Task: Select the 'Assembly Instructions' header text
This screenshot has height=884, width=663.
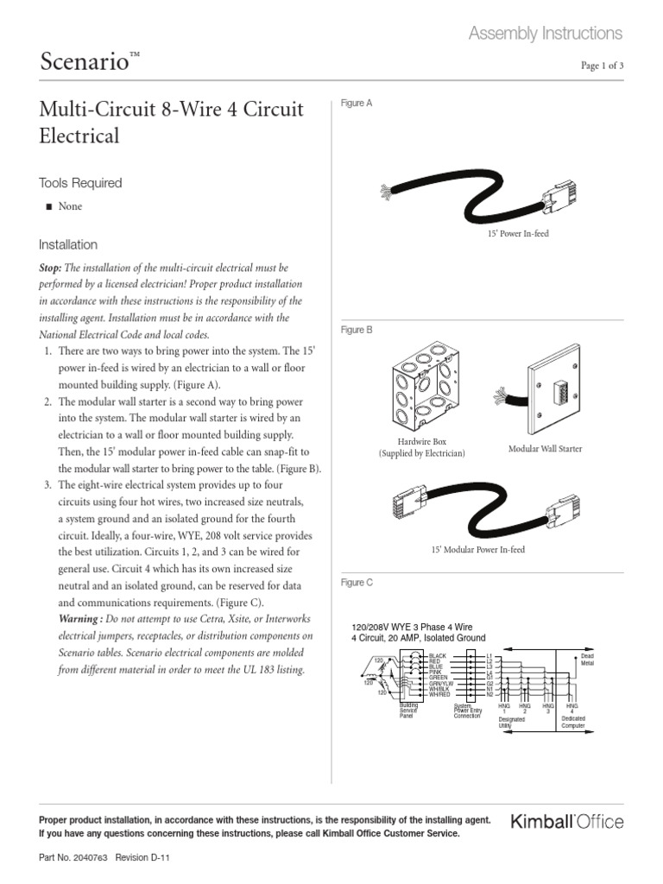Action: point(545,34)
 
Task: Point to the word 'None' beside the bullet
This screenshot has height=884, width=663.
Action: point(70,207)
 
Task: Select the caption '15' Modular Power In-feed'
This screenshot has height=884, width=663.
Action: point(477,549)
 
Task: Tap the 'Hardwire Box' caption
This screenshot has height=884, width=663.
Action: point(420,441)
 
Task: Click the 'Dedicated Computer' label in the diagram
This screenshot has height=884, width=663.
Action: point(573,722)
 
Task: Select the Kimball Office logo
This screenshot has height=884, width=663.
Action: point(567,822)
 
